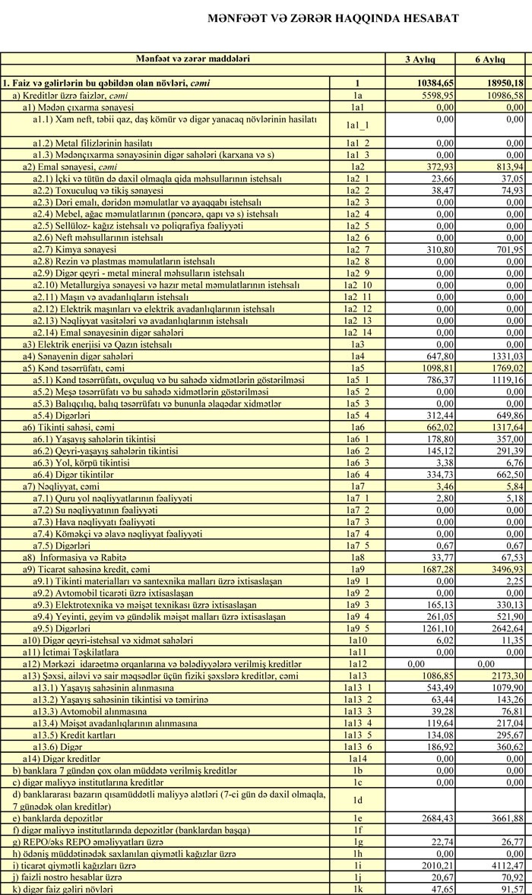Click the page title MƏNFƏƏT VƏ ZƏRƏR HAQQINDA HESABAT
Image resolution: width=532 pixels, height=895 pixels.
[333, 18]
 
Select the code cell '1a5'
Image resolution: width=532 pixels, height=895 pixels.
[354, 368]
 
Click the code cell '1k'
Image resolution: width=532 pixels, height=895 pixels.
[354, 888]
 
